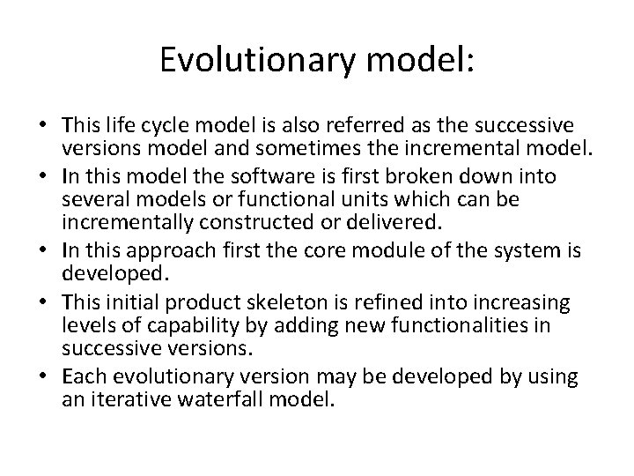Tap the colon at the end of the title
tap(469, 60)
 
